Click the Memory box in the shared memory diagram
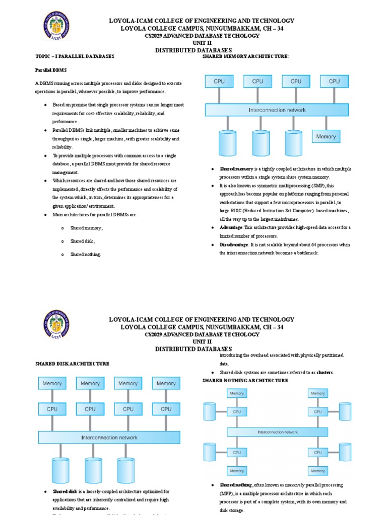click(326, 136)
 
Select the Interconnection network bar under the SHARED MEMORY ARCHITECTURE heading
click(277, 110)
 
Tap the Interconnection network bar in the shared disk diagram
click(109, 437)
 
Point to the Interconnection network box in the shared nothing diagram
click(277, 432)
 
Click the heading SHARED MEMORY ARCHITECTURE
click(245, 56)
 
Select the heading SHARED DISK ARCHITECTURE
click(72, 363)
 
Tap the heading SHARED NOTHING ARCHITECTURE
click(245, 381)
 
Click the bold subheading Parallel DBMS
click(50, 69)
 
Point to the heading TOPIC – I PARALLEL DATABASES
click(75, 56)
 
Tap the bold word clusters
click(325, 372)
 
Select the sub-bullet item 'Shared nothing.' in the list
click(86, 254)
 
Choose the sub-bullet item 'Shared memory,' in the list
click(87, 228)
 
